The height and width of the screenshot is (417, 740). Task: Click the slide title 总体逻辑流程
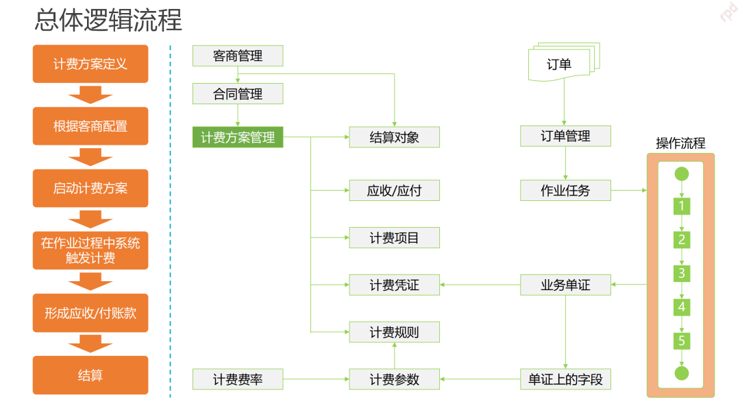coord(108,21)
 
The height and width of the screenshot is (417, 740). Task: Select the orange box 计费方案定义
coord(90,64)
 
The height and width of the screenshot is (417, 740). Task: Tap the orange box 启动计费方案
coord(90,188)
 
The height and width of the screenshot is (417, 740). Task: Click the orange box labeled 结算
coord(90,375)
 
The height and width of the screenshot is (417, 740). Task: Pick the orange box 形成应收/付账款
coord(90,313)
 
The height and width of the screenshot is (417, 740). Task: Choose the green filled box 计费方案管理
coord(238,137)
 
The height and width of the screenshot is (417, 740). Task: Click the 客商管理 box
coord(238,56)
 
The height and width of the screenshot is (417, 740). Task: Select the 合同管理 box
coord(238,94)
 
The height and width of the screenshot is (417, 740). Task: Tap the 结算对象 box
coord(394,137)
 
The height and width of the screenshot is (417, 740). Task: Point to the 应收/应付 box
coord(394,191)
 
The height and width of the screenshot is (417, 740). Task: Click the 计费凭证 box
coord(394,285)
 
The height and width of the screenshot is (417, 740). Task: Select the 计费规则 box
coord(394,332)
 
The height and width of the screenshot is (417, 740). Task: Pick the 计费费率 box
coord(238,379)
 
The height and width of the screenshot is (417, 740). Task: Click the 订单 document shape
coord(560,64)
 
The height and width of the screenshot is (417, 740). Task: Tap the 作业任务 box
coord(565,191)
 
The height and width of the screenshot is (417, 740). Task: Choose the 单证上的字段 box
coord(565,379)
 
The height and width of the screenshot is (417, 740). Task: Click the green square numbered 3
coord(681,273)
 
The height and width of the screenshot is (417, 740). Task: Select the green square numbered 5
coord(681,340)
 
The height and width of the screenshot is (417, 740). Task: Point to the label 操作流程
coord(680,143)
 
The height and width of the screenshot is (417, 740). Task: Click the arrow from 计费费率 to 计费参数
coord(316,379)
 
